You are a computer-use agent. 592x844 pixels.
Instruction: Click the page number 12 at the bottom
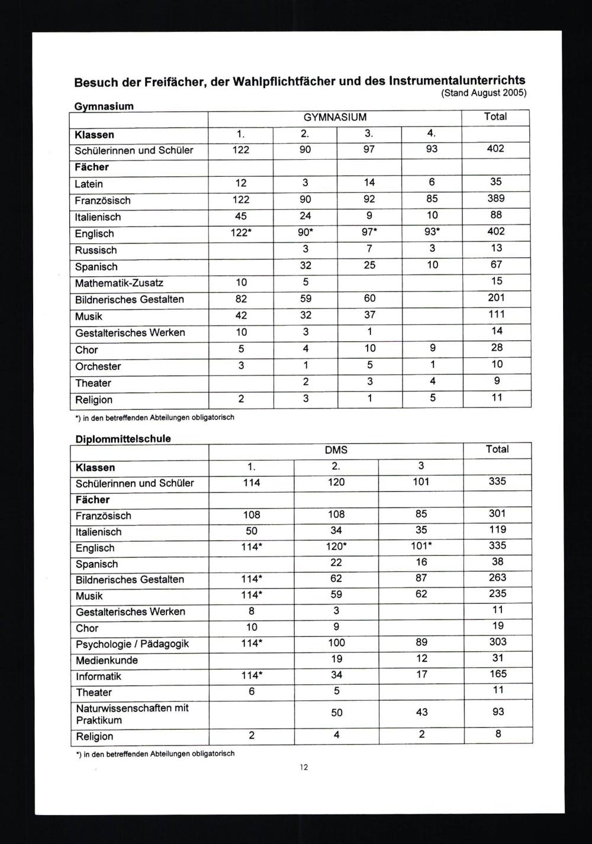pyautogui.click(x=304, y=767)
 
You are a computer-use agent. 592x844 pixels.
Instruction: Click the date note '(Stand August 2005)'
pyautogui.click(x=484, y=93)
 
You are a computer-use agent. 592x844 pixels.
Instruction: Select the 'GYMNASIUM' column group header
pyautogui.click(x=335, y=117)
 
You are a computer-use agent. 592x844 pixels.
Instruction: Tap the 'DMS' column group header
pyautogui.click(x=336, y=450)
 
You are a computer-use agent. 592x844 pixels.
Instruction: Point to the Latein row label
pyautogui.click(x=89, y=184)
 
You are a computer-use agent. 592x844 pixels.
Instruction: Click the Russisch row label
pyautogui.click(x=96, y=250)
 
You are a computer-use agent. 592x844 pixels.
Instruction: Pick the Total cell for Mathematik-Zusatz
pyautogui.click(x=497, y=281)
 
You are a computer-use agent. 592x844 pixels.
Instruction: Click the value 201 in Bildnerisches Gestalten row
pyautogui.click(x=497, y=297)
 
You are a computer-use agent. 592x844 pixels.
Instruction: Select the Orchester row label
pyautogui.click(x=98, y=366)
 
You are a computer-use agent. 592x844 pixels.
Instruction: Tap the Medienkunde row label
pyautogui.click(x=107, y=660)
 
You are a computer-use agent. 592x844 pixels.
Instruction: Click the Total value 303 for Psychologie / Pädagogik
pyautogui.click(x=498, y=642)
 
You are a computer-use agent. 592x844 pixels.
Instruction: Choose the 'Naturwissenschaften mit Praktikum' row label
pyautogui.click(x=131, y=714)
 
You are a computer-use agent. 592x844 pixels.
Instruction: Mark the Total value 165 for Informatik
pyautogui.click(x=498, y=674)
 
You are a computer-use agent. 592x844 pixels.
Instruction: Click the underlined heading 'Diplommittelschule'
pyautogui.click(x=123, y=439)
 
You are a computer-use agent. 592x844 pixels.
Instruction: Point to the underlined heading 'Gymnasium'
pyautogui.click(x=104, y=106)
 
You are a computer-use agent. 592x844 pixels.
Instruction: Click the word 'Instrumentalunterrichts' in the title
pyautogui.click(x=456, y=80)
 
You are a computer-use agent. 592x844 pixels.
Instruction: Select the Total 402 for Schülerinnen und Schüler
pyautogui.click(x=496, y=148)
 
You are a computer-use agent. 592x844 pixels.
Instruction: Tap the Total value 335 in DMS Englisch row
pyautogui.click(x=497, y=545)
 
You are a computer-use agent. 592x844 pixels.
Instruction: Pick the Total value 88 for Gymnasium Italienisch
pyautogui.click(x=496, y=215)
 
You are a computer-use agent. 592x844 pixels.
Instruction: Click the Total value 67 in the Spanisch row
pyautogui.click(x=496, y=264)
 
